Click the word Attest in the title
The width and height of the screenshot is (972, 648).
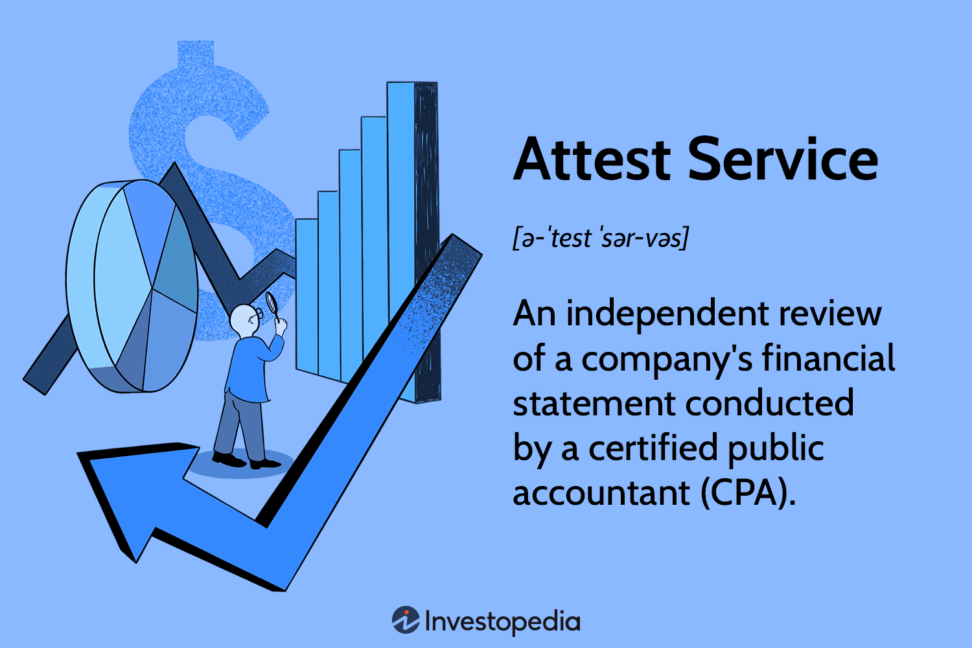point(592,159)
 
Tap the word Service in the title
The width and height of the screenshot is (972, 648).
point(782,159)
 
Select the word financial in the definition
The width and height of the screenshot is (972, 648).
point(827,358)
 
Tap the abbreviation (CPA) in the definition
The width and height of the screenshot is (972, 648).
point(748,493)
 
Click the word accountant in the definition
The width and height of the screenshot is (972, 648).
point(601,493)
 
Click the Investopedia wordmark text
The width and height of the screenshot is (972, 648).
point(503,621)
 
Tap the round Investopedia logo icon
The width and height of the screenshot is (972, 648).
point(406,620)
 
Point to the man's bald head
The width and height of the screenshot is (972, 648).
point(244,319)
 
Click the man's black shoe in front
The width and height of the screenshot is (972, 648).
point(264,464)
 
